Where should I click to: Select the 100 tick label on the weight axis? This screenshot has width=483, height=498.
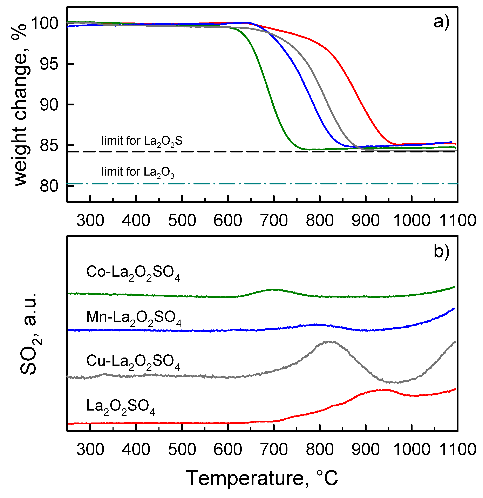tap(45, 23)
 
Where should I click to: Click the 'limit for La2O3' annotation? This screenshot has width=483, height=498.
tap(138, 172)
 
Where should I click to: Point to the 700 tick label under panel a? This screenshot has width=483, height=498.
tap(274, 220)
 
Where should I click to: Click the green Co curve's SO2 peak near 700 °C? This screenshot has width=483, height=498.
tap(273, 289)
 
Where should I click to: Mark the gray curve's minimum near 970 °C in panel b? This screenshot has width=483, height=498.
tap(397, 382)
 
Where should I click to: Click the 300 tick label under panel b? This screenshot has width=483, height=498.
tap(90, 449)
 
